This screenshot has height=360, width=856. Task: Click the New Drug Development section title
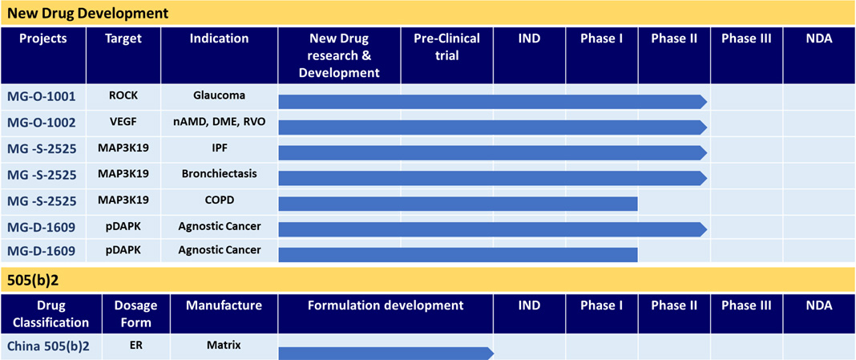click(x=88, y=13)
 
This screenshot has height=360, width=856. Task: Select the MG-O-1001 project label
click(x=42, y=97)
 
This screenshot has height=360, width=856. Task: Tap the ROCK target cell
click(x=123, y=95)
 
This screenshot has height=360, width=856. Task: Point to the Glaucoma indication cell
click(x=219, y=95)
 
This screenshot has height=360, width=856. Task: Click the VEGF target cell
click(x=123, y=121)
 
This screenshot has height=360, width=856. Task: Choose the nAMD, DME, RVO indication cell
click(x=219, y=121)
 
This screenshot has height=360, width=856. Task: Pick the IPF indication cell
click(x=219, y=148)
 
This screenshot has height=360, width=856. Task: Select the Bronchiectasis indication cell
click(x=219, y=174)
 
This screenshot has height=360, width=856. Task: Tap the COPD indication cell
click(x=219, y=200)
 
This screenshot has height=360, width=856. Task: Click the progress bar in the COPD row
click(x=458, y=203)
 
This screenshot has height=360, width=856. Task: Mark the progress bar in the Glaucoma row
click(x=493, y=101)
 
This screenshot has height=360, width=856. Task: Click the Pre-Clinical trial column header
click(x=446, y=47)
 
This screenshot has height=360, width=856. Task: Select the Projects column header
click(x=42, y=38)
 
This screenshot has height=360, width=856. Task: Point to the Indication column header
click(x=219, y=38)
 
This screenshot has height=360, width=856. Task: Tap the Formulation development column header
click(x=386, y=305)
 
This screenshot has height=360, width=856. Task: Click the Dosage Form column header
click(x=136, y=313)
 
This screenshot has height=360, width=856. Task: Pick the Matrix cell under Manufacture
click(x=224, y=346)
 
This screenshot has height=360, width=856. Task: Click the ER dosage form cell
click(x=136, y=346)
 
